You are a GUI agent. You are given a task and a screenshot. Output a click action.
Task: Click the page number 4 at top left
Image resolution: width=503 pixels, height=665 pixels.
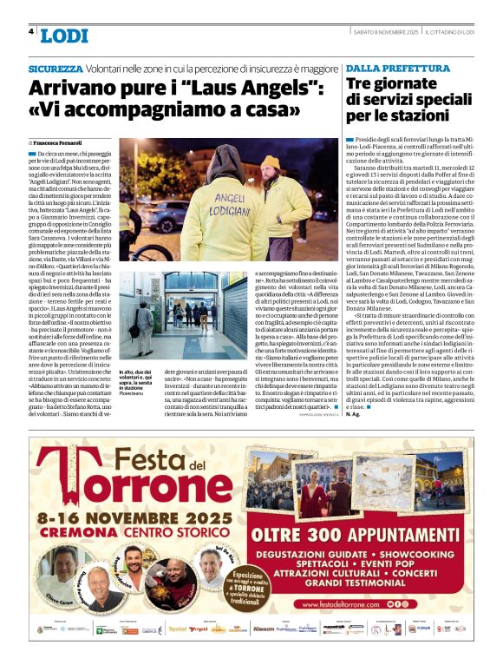30,32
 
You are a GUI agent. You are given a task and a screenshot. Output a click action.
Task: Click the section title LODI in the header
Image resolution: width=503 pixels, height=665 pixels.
63,36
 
